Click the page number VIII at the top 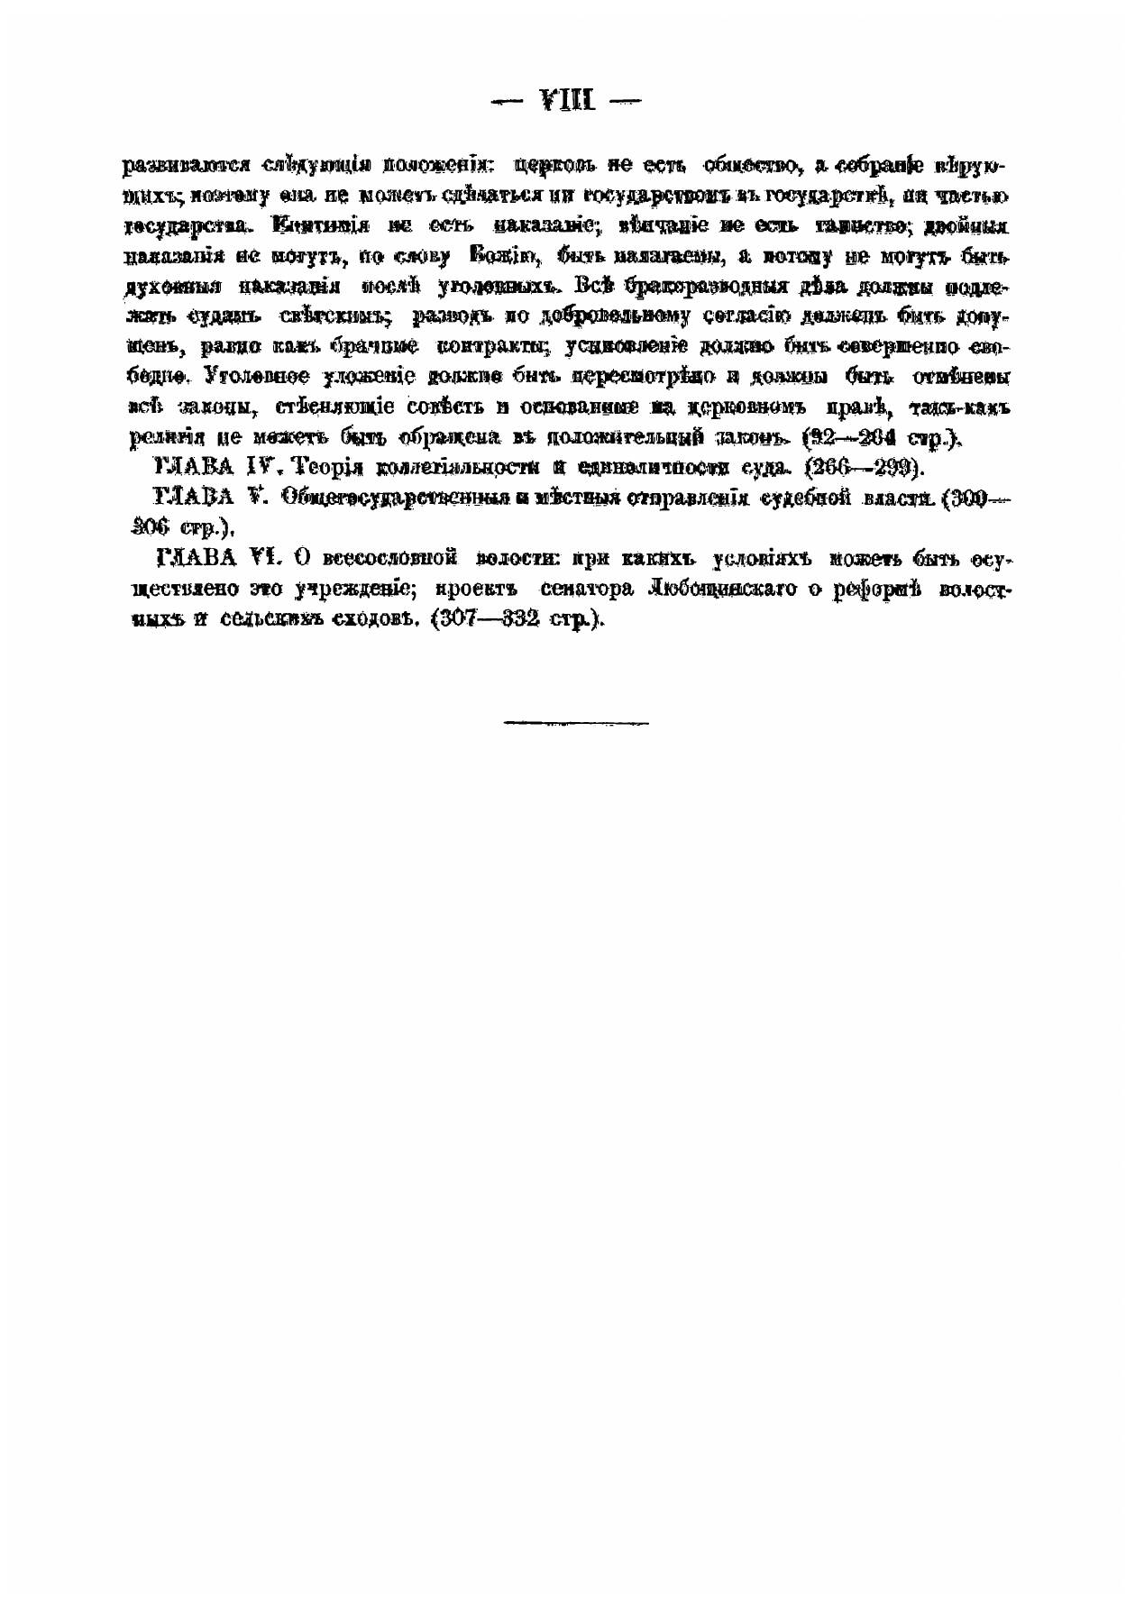coord(567,100)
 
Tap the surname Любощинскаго coord(729,590)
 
